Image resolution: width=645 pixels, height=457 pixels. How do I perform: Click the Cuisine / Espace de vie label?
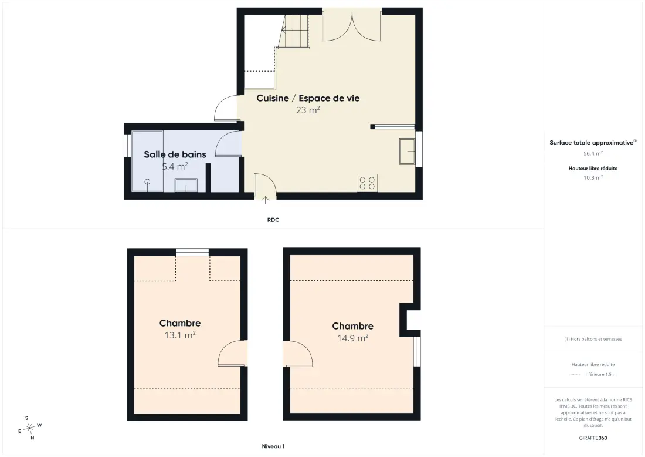pyautogui.click(x=308, y=98)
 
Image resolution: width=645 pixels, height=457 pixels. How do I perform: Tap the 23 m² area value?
pyautogui.click(x=308, y=110)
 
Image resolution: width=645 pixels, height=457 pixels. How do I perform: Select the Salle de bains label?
pyautogui.click(x=175, y=154)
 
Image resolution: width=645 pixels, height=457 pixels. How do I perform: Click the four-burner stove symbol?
pyautogui.click(x=367, y=183)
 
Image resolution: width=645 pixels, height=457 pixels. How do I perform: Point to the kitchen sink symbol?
pyautogui.click(x=408, y=152)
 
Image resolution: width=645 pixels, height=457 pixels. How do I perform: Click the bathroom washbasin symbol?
pyautogui.click(x=186, y=185)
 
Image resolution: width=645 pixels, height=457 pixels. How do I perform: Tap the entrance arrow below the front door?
pyautogui.click(x=265, y=200)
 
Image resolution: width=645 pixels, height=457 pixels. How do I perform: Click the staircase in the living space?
pyautogui.click(x=294, y=32)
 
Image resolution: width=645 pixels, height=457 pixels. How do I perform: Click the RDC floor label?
pyautogui.click(x=273, y=220)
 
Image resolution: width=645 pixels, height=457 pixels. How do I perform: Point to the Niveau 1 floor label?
pyautogui.click(x=273, y=446)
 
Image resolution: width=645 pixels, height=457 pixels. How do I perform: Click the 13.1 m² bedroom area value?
pyautogui.click(x=180, y=335)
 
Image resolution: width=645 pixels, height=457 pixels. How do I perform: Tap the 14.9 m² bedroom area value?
pyautogui.click(x=352, y=338)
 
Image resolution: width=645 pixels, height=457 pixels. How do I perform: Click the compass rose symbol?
pyautogui.click(x=30, y=428)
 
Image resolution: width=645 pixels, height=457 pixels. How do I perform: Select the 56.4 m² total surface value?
pyautogui.click(x=593, y=153)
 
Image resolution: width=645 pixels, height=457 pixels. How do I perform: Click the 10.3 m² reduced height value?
pyautogui.click(x=593, y=177)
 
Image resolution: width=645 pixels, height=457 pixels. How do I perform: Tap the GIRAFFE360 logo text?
pyautogui.click(x=593, y=438)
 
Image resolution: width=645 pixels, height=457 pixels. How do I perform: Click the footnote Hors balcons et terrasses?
pyautogui.click(x=593, y=339)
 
